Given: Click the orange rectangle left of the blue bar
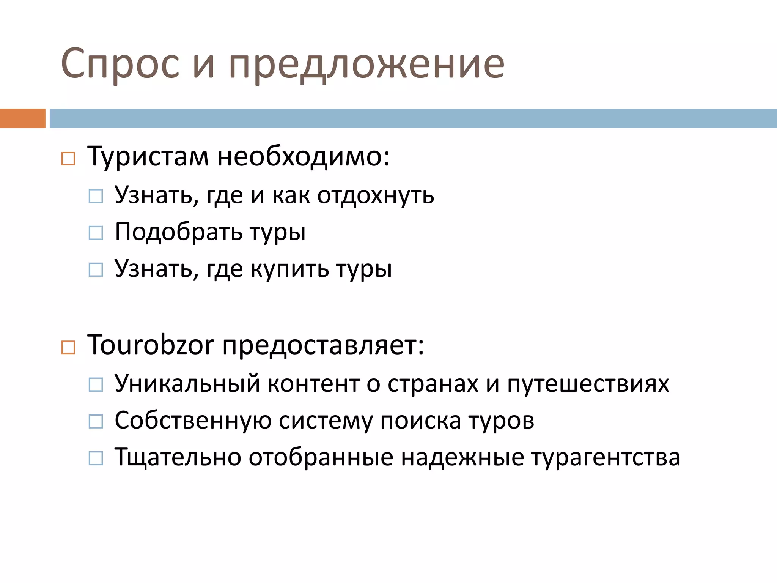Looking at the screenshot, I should click(22, 118).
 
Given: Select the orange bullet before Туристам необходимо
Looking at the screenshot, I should click(68, 159).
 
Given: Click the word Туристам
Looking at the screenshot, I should click(148, 156).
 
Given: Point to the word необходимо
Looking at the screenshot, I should click(303, 156).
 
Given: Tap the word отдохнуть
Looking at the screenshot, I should click(376, 196).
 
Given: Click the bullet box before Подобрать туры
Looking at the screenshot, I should click(96, 233).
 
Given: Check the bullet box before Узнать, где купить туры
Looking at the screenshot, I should click(96, 270).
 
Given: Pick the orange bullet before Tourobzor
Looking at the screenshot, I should click(68, 347).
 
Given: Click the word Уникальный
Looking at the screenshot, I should click(187, 383).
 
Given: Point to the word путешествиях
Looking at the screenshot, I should click(588, 384).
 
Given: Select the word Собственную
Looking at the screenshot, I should click(193, 421).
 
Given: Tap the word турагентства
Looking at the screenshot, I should click(606, 458).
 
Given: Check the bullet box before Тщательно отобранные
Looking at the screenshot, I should click(96, 458).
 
